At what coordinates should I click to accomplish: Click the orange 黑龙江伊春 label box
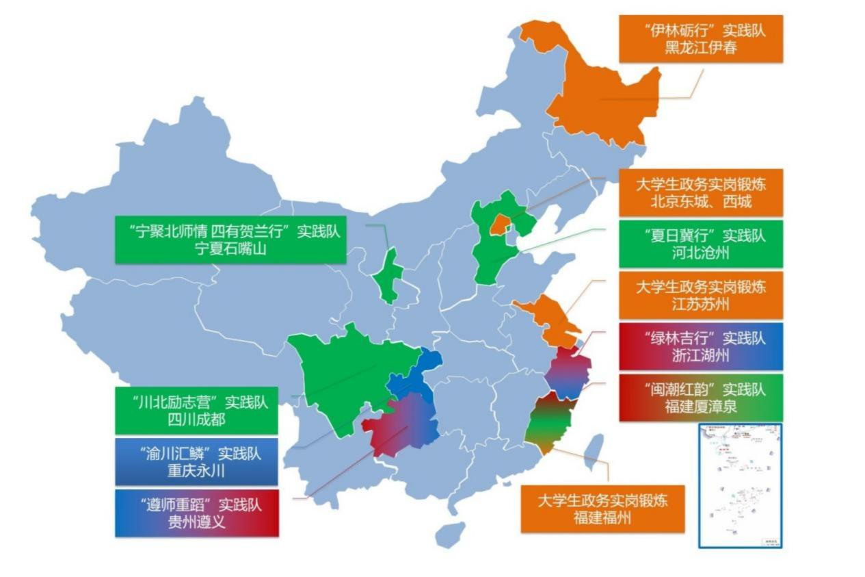(x=701, y=39)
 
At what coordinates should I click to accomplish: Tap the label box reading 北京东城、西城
(x=701, y=193)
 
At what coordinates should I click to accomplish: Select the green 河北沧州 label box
(x=701, y=244)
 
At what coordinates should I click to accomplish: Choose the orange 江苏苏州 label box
(x=701, y=296)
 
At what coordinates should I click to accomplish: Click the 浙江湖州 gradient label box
(x=701, y=347)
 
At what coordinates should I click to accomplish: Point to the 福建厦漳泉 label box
(x=701, y=398)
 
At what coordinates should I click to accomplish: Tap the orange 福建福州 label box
(x=602, y=509)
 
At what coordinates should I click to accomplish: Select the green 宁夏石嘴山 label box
(x=230, y=240)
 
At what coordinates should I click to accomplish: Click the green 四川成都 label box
(x=196, y=410)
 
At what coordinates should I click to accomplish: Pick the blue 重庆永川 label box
(x=196, y=462)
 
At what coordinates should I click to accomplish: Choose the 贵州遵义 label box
(x=196, y=513)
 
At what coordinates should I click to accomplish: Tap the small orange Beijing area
(x=501, y=223)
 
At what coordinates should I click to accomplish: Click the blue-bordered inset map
(x=740, y=485)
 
